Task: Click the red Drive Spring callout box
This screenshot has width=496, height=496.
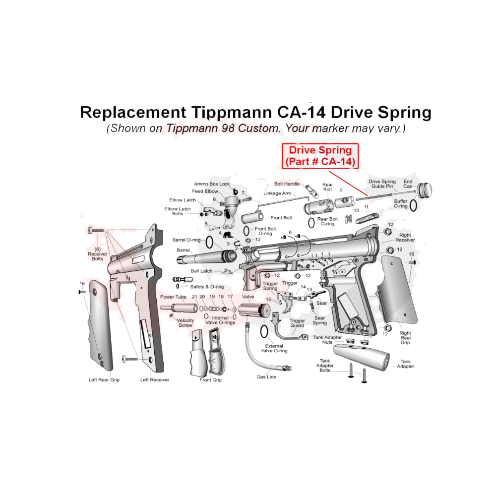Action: click(x=320, y=156)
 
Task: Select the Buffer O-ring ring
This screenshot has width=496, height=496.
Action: click(x=413, y=205)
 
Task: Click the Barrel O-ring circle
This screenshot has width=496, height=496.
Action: click(x=209, y=243)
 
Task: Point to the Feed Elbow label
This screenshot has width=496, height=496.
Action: click(x=205, y=191)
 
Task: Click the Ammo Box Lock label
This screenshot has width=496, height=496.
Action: click(x=212, y=184)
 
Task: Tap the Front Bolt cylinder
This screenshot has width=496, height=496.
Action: click(x=252, y=218)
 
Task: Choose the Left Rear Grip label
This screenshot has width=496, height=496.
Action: click(x=104, y=379)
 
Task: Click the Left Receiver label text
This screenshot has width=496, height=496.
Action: click(x=155, y=379)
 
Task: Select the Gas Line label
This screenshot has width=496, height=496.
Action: click(x=266, y=377)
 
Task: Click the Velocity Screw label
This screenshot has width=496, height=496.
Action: click(x=185, y=323)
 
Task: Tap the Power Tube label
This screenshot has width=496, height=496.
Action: click(x=173, y=297)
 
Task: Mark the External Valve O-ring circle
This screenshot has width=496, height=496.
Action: click(x=264, y=332)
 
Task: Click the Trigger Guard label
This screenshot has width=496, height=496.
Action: click(x=297, y=323)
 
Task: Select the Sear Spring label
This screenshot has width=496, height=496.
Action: click(x=319, y=320)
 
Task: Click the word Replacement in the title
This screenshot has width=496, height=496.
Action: click(x=133, y=113)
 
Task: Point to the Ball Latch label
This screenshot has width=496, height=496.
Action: click(x=201, y=271)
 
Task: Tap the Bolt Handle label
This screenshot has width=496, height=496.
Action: click(x=287, y=184)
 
